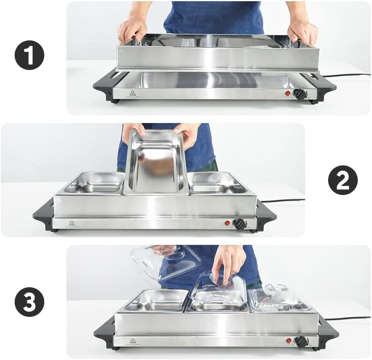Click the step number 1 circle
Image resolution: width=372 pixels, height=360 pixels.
[29, 55]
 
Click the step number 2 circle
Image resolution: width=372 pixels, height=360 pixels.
[343, 180]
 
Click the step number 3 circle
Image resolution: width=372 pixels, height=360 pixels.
[29, 302]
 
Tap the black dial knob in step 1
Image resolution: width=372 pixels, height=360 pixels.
[300, 94]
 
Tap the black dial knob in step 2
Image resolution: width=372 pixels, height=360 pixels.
[239, 224]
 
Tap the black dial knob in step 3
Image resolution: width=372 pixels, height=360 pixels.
[301, 341]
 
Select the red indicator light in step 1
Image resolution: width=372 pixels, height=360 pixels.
[288, 94]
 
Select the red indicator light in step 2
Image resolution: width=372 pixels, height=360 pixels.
[228, 223]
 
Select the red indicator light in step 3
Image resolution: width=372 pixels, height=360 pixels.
[289, 340]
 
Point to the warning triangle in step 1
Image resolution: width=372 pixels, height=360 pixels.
[133, 93]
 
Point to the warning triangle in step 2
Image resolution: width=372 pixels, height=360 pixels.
[72, 223]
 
